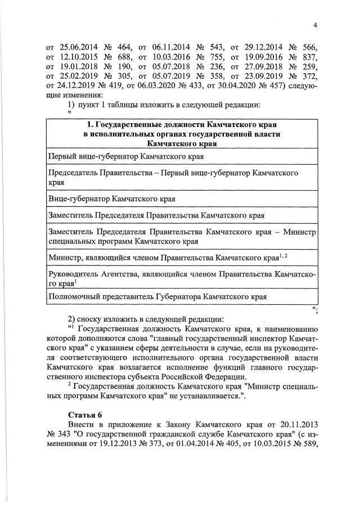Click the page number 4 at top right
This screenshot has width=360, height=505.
(x=315, y=25)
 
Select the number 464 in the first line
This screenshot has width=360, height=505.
(x=127, y=47)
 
